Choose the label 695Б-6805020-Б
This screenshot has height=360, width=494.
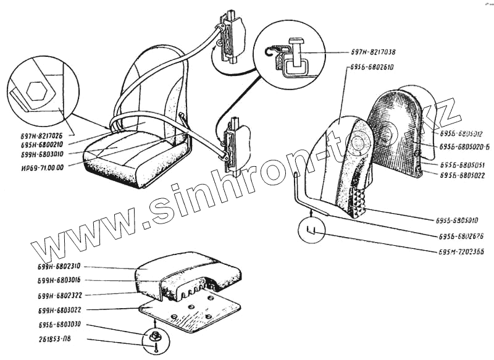[464, 146]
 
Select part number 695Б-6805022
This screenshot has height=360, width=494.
[463, 175]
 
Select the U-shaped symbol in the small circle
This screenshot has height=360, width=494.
[312, 231]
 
